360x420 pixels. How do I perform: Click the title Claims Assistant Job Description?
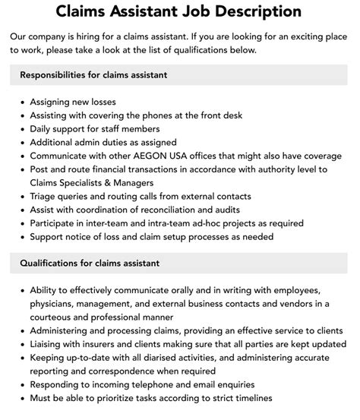(179, 11)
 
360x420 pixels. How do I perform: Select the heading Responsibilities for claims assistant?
(93, 75)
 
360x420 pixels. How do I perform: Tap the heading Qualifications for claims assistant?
(90, 264)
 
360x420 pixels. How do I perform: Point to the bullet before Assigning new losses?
(23, 102)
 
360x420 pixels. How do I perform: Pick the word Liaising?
(49, 344)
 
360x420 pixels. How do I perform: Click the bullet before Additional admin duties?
(23, 142)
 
